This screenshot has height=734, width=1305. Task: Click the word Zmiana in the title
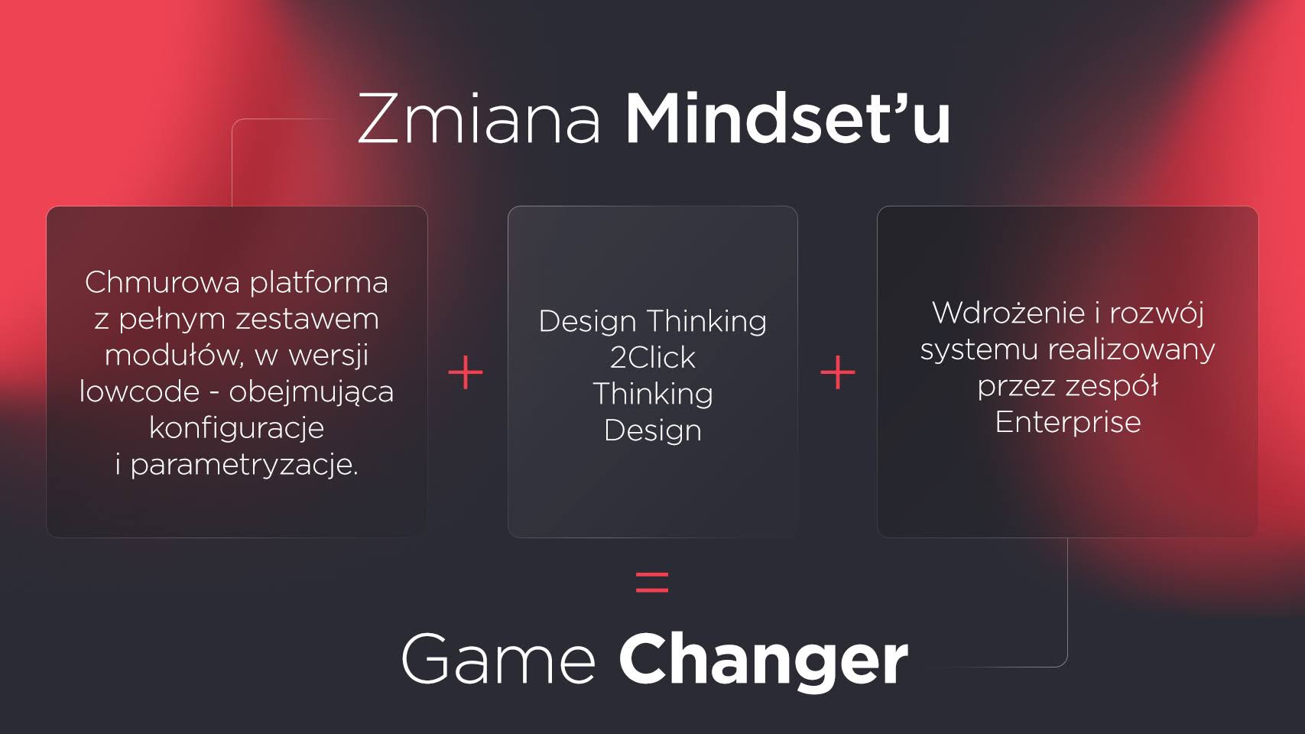pos(479,118)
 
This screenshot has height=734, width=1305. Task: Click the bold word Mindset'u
pos(787,118)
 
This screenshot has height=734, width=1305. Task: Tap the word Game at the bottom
pos(498,659)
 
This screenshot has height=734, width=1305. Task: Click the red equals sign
pos(652,582)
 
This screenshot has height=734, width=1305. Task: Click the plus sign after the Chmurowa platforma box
pos(466,372)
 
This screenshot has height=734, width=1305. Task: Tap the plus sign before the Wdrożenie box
pos(838,372)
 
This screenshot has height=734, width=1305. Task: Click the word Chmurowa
pos(163,283)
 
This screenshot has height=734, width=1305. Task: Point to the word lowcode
pos(140,391)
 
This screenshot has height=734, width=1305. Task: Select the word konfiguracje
pos(236,427)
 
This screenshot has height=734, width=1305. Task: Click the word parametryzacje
pos(244,466)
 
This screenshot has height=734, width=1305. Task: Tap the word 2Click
pos(653,357)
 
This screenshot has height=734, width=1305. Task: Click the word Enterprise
pos(1068,422)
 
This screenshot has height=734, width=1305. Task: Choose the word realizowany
pos(1132,349)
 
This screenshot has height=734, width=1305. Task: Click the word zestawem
pos(307,320)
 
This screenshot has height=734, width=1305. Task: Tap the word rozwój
pos(1157,314)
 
